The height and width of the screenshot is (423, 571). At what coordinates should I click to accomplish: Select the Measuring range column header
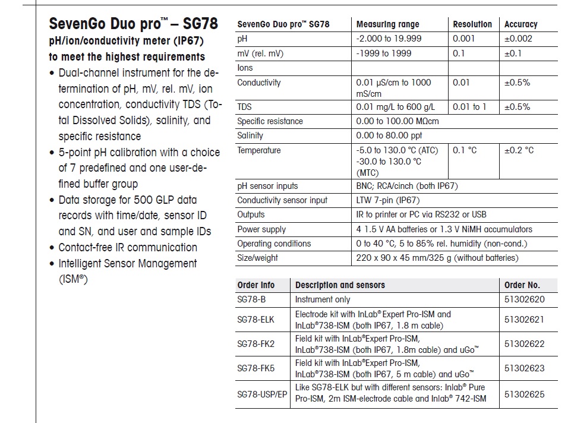pyautogui.click(x=387, y=24)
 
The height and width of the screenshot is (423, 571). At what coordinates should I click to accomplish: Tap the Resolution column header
pyautogui.click(x=472, y=24)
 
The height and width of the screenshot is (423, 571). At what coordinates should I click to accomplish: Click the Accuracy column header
pyautogui.click(x=520, y=24)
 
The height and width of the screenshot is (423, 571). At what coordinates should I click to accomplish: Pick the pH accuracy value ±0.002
pyautogui.click(x=518, y=39)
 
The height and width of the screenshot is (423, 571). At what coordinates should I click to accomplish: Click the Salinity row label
pyautogui.click(x=250, y=135)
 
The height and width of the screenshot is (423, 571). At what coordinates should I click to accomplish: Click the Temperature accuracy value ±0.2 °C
pyautogui.click(x=519, y=150)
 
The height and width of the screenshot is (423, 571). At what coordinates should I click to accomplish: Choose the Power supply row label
pyautogui.click(x=261, y=229)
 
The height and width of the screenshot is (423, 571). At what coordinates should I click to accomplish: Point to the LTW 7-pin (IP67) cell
pyautogui.click(x=387, y=200)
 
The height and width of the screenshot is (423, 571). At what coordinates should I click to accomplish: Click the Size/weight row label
pyautogui.click(x=257, y=258)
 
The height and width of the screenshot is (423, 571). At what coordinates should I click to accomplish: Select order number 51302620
pyautogui.click(x=524, y=299)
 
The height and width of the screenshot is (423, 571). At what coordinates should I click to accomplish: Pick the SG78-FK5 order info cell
pyautogui.click(x=256, y=368)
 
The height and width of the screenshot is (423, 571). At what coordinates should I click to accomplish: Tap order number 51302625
pyautogui.click(x=524, y=393)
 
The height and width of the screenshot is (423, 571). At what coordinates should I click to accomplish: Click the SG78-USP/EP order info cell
pyautogui.click(x=261, y=393)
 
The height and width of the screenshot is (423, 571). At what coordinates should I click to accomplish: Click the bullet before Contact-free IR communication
pyautogui.click(x=52, y=248)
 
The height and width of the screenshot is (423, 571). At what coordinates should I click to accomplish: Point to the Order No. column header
pyautogui.click(x=522, y=285)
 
